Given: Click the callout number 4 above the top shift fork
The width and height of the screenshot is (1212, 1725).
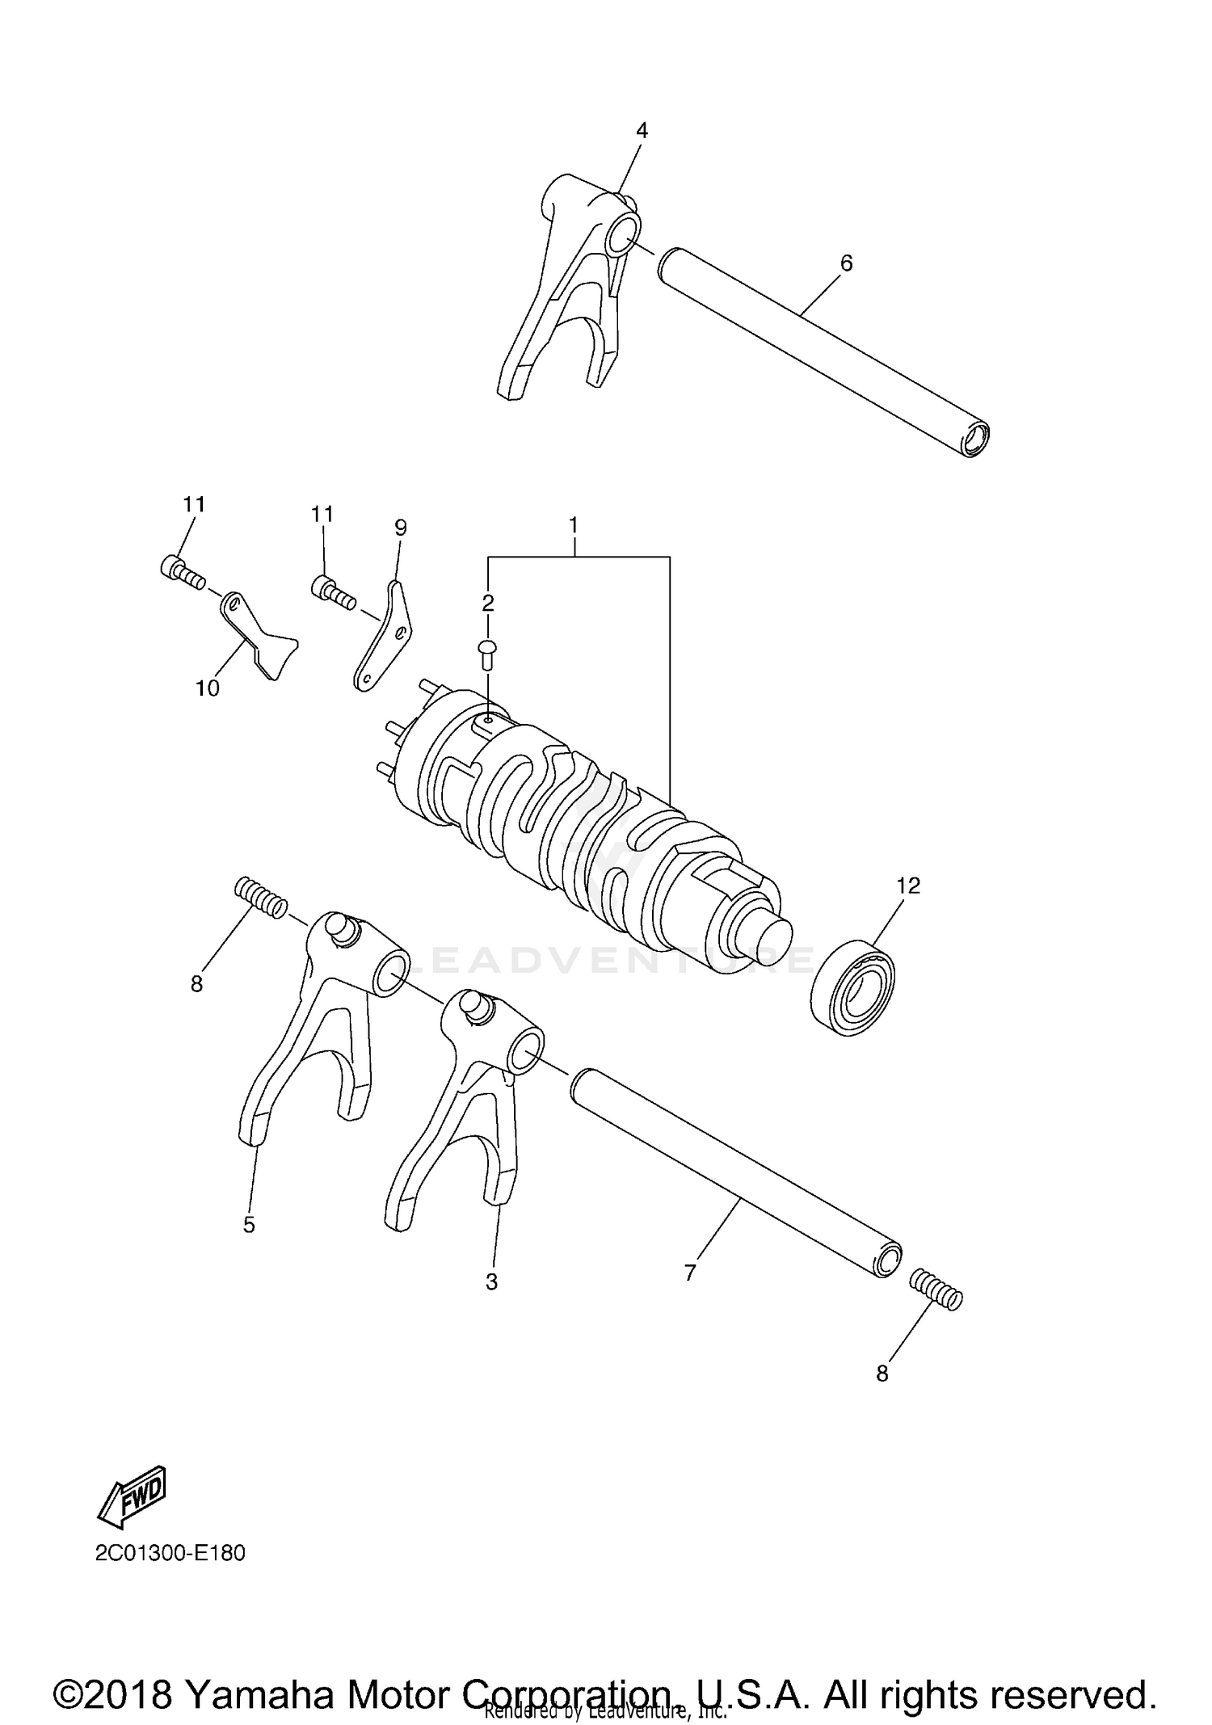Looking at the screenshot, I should pyautogui.click(x=642, y=131).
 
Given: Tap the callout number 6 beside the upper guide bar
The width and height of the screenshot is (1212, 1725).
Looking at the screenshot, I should pyautogui.click(x=846, y=263).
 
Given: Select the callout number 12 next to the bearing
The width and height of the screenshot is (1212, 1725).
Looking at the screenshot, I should pyautogui.click(x=908, y=886).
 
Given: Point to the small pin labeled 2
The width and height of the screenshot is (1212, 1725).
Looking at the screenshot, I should pyautogui.click(x=488, y=652).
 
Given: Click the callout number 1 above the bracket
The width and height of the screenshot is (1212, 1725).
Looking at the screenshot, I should pyautogui.click(x=573, y=525).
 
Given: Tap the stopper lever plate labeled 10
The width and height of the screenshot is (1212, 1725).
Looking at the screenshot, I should pyautogui.click(x=259, y=635).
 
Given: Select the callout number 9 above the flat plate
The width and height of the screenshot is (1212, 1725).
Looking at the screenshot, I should pyautogui.click(x=401, y=528).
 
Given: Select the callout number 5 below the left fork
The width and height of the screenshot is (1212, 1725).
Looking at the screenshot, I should pyautogui.click(x=249, y=1226).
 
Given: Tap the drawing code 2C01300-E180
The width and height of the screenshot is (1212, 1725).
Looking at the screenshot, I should pyautogui.click(x=170, y=1554).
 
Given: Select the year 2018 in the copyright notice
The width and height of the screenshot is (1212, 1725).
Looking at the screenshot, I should pyautogui.click(x=124, y=1672).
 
